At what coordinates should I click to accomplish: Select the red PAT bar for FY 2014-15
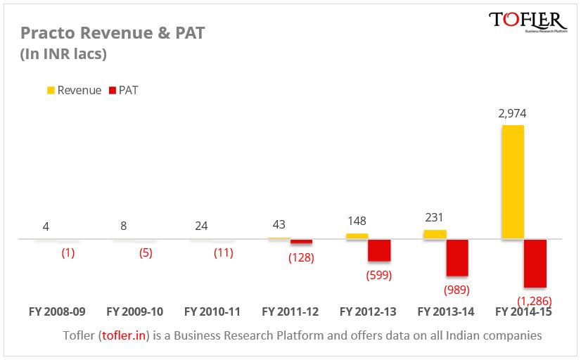pyautogui.click(x=535, y=263)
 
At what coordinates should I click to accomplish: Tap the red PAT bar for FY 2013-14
pyautogui.click(x=457, y=257)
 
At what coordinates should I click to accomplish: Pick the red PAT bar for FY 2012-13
pyautogui.click(x=379, y=250)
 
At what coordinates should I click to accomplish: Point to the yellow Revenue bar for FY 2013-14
pyautogui.click(x=435, y=234)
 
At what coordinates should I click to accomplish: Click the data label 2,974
pyautogui.click(x=512, y=113)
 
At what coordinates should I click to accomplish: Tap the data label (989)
pyautogui.click(x=456, y=289)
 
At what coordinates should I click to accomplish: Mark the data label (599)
pyautogui.click(x=378, y=275)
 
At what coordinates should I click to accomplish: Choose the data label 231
pyautogui.click(x=435, y=218)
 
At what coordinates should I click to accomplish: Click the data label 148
pyautogui.click(x=357, y=221)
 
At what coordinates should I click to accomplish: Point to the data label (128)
pyautogui.click(x=301, y=257)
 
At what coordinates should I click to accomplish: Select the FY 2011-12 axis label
pyautogui.click(x=290, y=311)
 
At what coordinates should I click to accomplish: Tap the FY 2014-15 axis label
pyautogui.click(x=523, y=311)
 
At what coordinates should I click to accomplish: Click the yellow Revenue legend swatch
pyautogui.click(x=51, y=90)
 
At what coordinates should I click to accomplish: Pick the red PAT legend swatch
pyautogui.click(x=112, y=90)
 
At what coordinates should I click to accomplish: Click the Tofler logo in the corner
pyautogui.click(x=528, y=22)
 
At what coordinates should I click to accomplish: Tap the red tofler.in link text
pyautogui.click(x=124, y=335)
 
